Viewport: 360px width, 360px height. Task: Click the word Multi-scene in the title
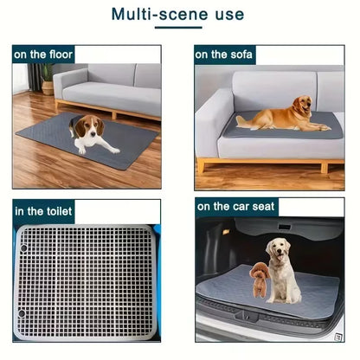[x=159, y=14]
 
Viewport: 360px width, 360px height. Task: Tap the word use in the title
[x=229, y=15]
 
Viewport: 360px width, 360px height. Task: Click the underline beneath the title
[x=178, y=28]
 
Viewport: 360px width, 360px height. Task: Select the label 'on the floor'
[x=43, y=55]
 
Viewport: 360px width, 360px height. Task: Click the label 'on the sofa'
[x=223, y=55]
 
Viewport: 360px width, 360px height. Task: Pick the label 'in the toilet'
[x=43, y=211]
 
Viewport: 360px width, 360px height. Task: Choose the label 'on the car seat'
[x=235, y=207]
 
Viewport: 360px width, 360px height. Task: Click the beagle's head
[x=87, y=127]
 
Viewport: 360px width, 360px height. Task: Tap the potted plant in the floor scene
[x=47, y=79]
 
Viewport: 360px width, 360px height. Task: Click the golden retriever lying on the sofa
[x=283, y=116]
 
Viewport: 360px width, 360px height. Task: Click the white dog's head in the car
[x=278, y=249]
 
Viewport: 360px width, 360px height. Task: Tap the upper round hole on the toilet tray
[x=23, y=248]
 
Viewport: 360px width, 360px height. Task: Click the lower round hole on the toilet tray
[x=22, y=313]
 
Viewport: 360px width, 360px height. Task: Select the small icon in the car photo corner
[x=338, y=337]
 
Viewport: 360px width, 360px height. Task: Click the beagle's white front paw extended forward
[x=115, y=151]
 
